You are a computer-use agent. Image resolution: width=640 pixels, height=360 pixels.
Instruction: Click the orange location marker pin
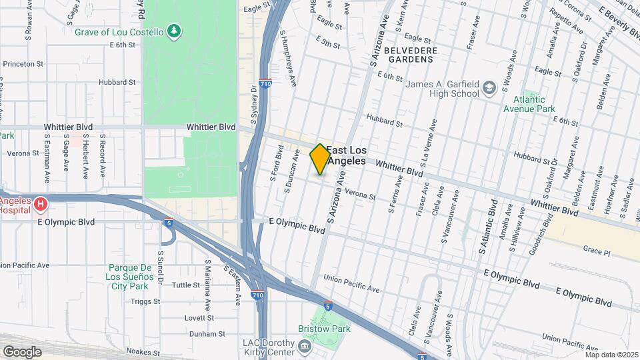[320, 159]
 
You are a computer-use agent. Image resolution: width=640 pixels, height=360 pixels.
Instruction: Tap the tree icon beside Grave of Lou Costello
[174, 30]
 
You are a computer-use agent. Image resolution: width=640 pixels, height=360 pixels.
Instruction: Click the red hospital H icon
[41, 203]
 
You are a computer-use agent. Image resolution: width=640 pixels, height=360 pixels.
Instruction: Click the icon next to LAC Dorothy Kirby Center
[305, 347]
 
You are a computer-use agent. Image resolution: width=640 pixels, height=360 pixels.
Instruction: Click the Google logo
[22, 351]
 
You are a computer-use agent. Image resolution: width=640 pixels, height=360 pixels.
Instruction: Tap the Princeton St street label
[23, 64]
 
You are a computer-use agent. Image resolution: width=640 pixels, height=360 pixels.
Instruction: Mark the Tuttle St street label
[186, 285]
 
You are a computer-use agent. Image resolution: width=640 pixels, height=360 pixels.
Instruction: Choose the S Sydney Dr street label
[253, 105]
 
